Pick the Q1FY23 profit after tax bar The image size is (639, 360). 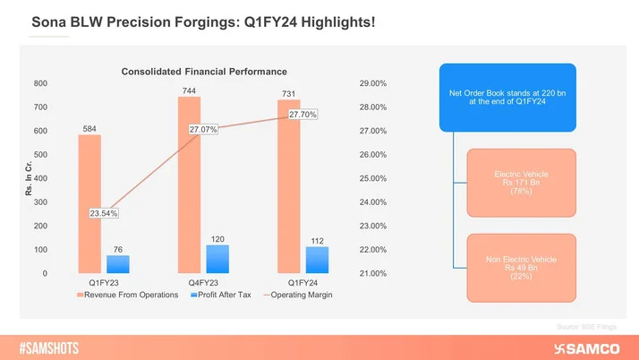tap(118, 264)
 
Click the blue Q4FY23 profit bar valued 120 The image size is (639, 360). tap(217, 259)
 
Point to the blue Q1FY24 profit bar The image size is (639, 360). tap(317, 260)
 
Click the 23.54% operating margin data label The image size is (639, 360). tap(104, 213)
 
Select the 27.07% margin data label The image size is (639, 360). tap(204, 130)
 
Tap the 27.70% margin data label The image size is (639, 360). tap(302, 115)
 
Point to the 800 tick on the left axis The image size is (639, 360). tap(40, 83)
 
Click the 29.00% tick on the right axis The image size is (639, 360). tap(371, 83)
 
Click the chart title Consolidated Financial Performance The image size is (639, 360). tap(204, 71)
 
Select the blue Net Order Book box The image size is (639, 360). tap(507, 97)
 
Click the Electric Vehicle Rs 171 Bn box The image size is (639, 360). tap(521, 182)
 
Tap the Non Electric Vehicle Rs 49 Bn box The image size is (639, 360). tap(521, 266)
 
